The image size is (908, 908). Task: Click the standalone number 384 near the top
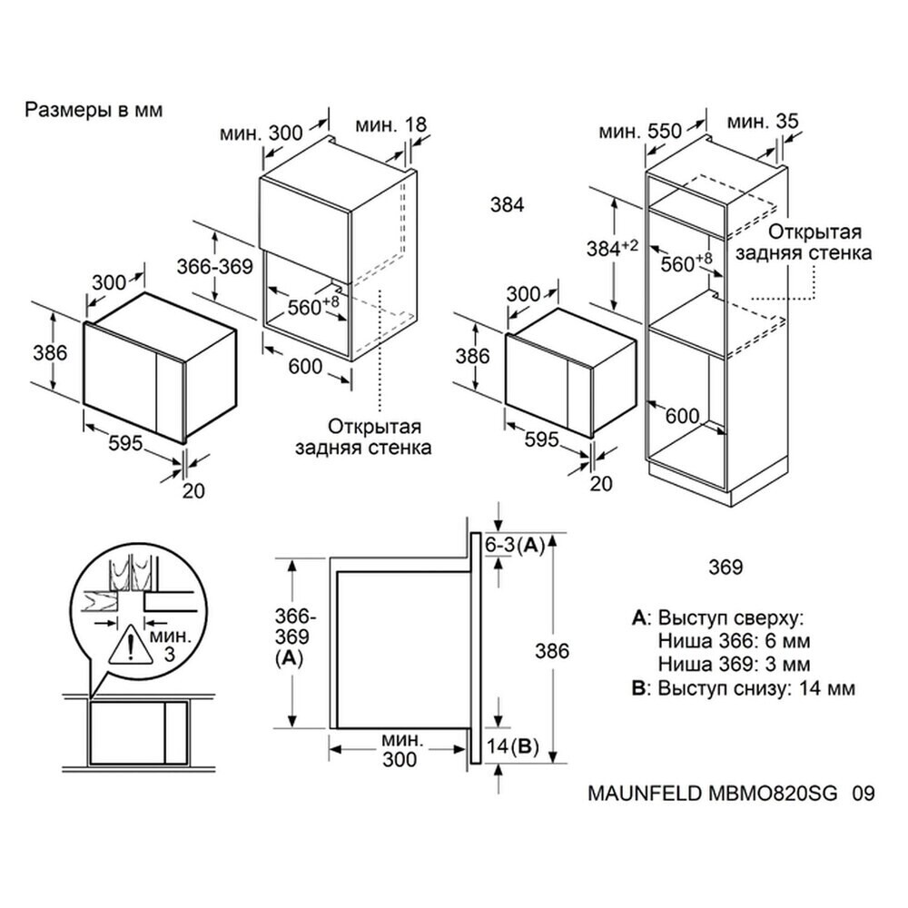click(507, 205)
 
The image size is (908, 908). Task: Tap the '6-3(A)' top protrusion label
click(514, 545)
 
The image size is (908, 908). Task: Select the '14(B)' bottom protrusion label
click(513, 748)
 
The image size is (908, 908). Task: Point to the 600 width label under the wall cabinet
click(305, 366)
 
